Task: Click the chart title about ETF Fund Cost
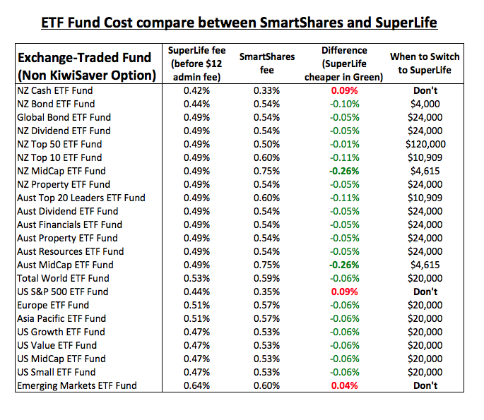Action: pyautogui.click(x=239, y=23)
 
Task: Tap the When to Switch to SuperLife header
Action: pyautogui.click(x=424, y=64)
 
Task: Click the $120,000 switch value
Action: pyautogui.click(x=424, y=144)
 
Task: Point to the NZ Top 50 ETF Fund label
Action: pyautogui.click(x=59, y=144)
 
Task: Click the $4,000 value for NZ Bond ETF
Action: pyautogui.click(x=424, y=104)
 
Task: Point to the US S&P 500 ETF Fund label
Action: pyautogui.click(x=62, y=292)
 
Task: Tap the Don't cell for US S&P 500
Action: pyautogui.click(x=424, y=292)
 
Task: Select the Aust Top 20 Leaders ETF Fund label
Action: pyautogui.click(x=81, y=198)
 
